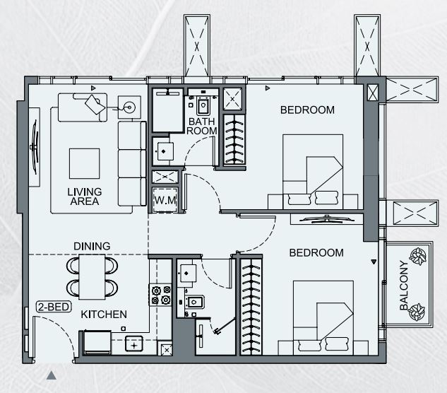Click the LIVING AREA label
pos(84,196)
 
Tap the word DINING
pos(92,246)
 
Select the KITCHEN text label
pos(104,315)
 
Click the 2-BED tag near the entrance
pos(54,307)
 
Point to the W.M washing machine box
pos(165,200)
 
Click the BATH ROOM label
pos(201,126)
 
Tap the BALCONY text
pos(404,285)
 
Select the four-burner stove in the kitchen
pos(160,295)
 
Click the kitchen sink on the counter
pos(134,344)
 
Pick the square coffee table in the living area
pos(84,163)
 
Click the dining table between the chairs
pos(92,277)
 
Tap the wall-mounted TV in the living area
pos(35,147)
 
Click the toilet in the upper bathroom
pos(203,105)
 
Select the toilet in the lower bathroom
pos(194,302)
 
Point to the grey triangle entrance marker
pos(52,375)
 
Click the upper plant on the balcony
pos(418,256)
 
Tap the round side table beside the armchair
pos(129,107)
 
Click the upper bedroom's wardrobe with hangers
pos(234,139)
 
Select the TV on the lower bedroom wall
pos(326,220)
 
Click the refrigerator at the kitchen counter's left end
pos(97,342)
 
